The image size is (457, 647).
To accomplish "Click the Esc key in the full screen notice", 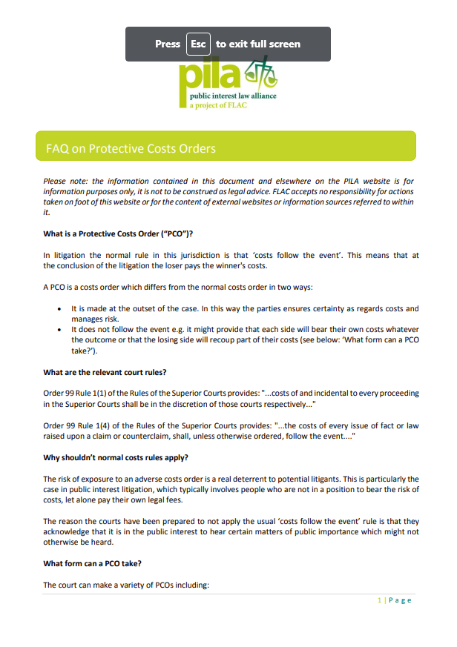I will [198, 44].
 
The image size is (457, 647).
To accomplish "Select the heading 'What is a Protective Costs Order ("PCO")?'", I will [118, 234].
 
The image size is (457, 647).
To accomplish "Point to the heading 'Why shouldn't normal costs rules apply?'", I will [116, 458].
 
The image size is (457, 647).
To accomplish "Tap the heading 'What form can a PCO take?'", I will [92, 564].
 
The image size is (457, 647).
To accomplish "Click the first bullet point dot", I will [60, 309].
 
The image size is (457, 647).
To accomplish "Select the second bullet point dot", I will [60, 330].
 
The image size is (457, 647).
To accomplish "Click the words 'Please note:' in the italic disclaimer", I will [65, 181].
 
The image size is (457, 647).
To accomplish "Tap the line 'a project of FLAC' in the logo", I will [218, 106].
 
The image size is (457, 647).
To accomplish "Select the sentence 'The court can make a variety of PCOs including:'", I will [127, 585].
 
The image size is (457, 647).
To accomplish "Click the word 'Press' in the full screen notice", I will [168, 44].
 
